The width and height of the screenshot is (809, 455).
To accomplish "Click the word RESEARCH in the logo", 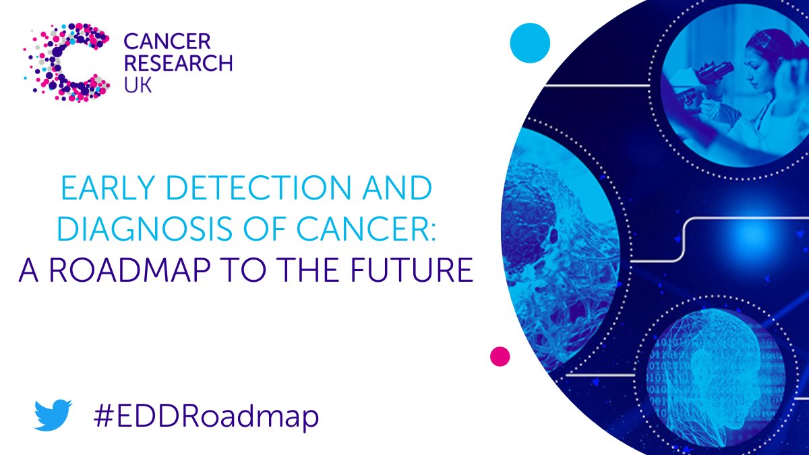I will tap(178, 64).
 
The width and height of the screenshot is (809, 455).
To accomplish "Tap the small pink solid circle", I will tap(500, 356).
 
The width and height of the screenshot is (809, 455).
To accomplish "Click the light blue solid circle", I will tap(530, 42).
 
